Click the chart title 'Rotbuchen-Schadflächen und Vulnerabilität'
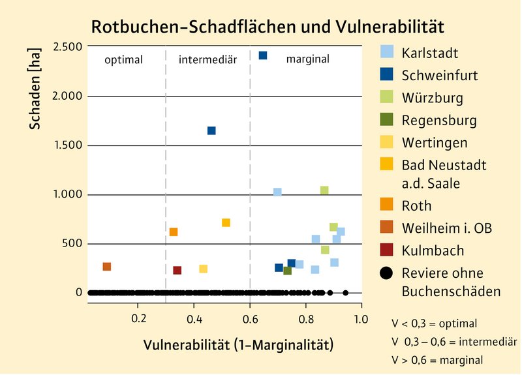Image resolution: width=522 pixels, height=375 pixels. coord(268,27)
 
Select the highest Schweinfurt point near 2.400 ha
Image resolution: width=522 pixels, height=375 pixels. coord(263,55)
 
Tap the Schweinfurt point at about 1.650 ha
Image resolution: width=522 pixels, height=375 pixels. coord(211,131)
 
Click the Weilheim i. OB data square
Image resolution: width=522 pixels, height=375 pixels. coord(107,267)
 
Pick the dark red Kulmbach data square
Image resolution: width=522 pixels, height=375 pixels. coord(177,271)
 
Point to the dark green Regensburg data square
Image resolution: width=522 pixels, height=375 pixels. coord(287,271)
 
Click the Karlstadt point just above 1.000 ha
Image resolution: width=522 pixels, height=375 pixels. coord(277,192)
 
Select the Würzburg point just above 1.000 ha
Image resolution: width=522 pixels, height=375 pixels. coord(324,190)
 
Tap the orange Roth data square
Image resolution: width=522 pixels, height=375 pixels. coord(174,232)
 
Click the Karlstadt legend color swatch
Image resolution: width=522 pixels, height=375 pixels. coord(387,51)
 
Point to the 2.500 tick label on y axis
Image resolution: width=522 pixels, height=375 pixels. coord(68,47)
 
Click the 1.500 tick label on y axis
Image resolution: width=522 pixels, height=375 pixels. coord(68,145)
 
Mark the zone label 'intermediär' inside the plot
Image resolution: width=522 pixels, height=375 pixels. coord(207,60)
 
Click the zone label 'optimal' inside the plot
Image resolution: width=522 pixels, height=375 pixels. coord(124,60)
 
